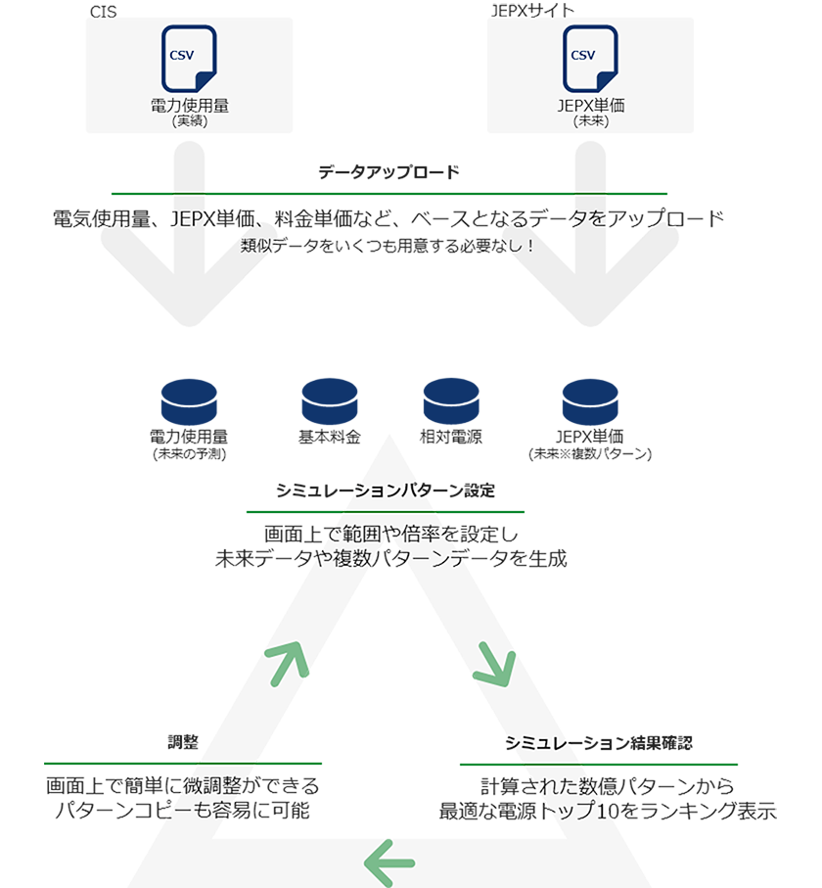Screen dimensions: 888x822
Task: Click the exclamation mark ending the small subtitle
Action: click(529, 246)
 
